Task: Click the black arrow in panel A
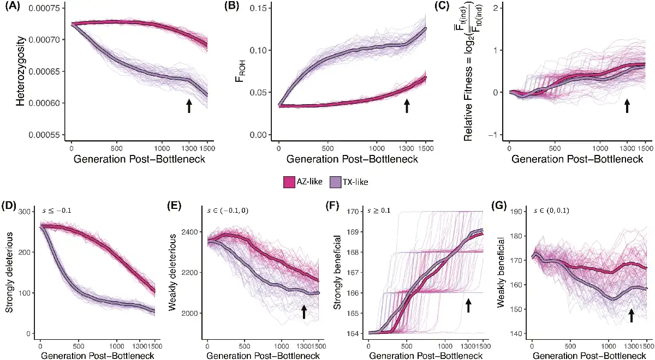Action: pyautogui.click(x=189, y=106)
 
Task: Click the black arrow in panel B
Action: pyautogui.click(x=407, y=106)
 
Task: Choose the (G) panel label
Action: pyautogui.click(x=504, y=206)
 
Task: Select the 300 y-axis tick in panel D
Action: pyautogui.click(x=25, y=211)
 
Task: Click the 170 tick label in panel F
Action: pyautogui.click(x=355, y=211)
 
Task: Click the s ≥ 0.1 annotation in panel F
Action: pyautogui.click(x=384, y=211)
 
